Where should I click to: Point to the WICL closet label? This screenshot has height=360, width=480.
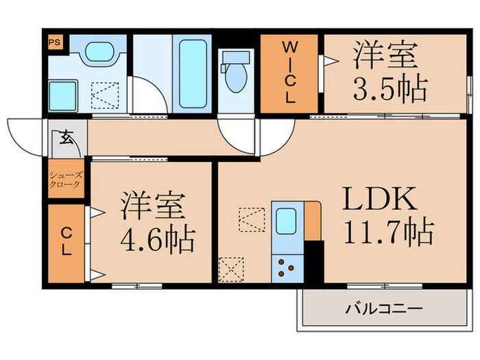point(289,72)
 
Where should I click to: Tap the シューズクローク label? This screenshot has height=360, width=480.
point(65,180)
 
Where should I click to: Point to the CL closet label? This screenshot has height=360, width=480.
point(66,243)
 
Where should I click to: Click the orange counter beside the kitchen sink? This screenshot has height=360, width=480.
point(312,221)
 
